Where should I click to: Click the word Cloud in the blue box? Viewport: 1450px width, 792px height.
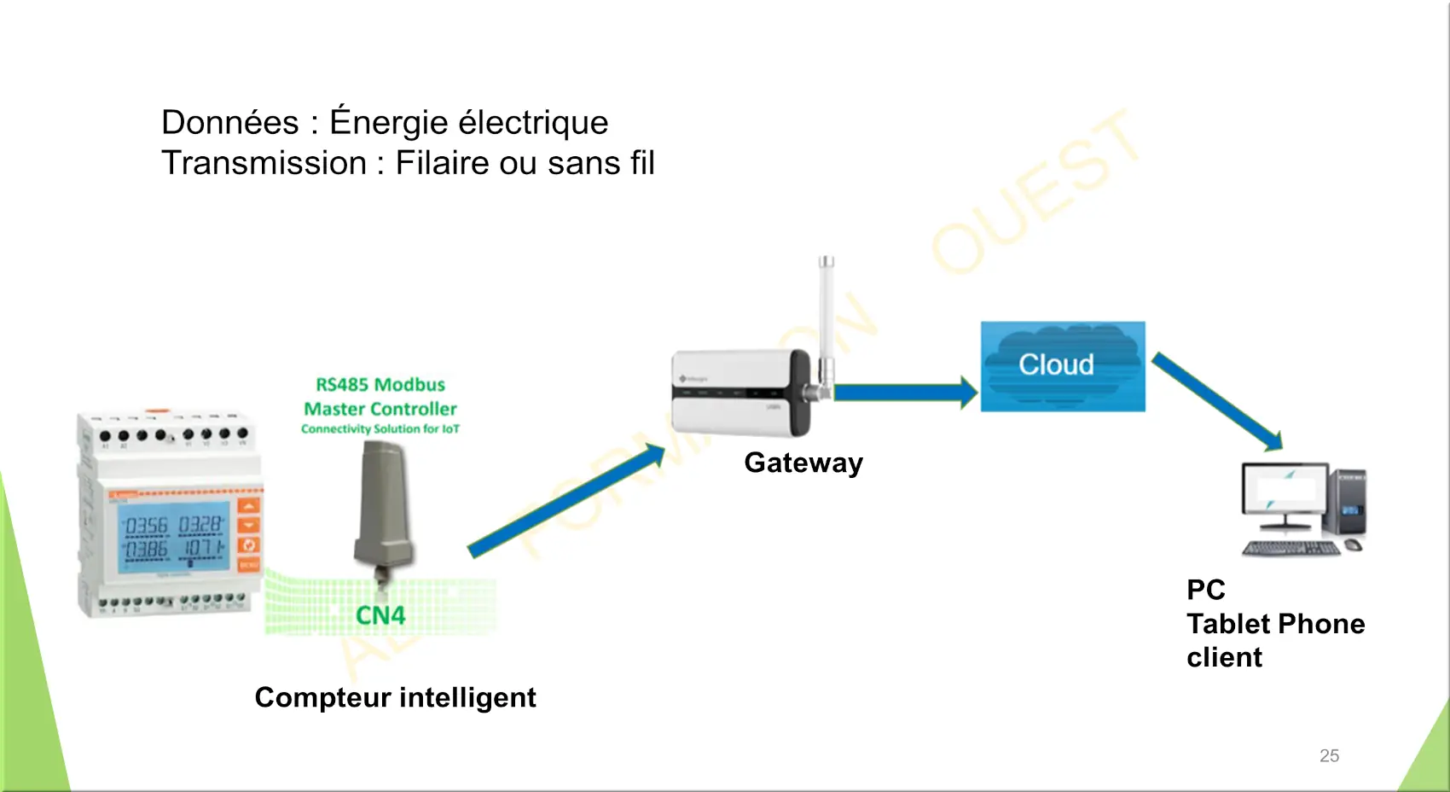[x=1056, y=364]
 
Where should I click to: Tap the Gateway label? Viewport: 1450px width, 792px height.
[x=803, y=463]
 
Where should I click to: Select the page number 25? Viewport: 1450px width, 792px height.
[x=1329, y=755]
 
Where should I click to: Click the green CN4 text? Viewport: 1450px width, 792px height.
[x=380, y=615]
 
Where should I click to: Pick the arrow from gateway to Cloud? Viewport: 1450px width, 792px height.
[x=904, y=393]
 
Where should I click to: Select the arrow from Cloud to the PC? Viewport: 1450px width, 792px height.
[x=1217, y=402]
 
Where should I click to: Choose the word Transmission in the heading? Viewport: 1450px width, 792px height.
[x=264, y=163]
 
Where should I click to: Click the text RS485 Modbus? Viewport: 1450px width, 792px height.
[x=380, y=385]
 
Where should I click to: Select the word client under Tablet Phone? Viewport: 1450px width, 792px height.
[x=1224, y=657]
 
